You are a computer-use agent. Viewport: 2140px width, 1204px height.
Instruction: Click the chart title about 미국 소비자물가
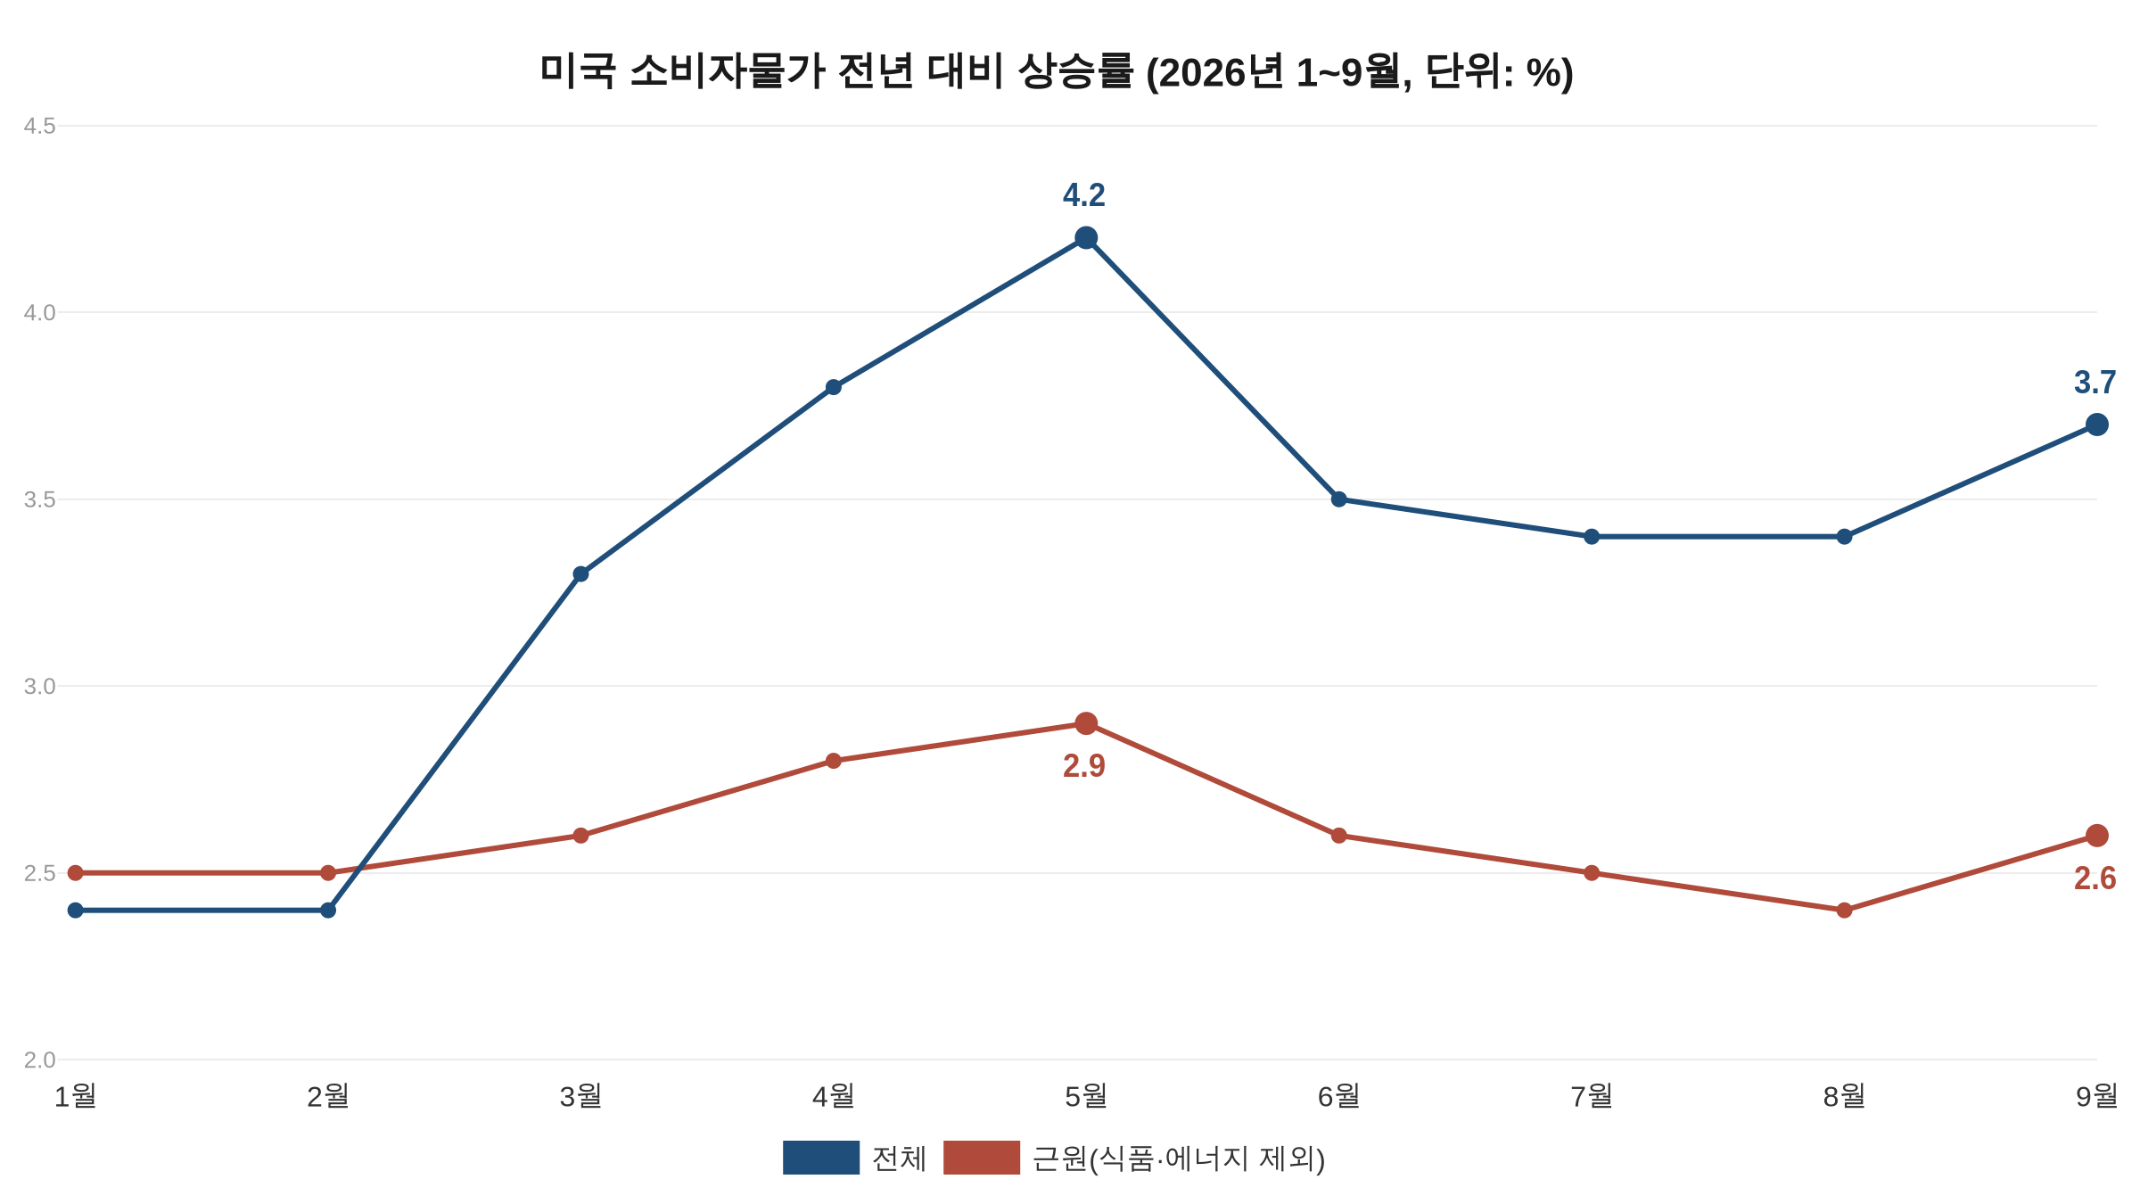pos(1057,72)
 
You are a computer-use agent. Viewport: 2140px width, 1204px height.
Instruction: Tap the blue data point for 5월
pos(1086,238)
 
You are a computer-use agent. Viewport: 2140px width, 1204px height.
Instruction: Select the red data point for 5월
pos(1086,723)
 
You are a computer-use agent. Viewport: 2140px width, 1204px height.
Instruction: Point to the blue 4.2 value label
pos(1084,195)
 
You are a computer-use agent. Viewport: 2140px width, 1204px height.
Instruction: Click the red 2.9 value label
pos(1084,766)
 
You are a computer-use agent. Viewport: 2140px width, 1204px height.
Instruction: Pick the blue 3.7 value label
pos(2095,383)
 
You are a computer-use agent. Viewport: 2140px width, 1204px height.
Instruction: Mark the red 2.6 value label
pos(2095,878)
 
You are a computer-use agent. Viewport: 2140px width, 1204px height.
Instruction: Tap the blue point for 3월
pos(580,573)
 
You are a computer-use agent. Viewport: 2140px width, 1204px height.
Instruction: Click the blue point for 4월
pos(834,387)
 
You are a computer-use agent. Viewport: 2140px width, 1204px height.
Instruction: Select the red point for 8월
pos(1844,911)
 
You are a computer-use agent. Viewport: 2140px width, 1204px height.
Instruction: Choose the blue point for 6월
pos(1338,499)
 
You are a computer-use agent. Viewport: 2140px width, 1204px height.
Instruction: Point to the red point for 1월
pos(76,873)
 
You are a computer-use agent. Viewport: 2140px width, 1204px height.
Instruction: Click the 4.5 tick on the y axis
pos(39,127)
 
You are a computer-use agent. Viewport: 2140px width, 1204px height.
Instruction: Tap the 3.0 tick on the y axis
pos(39,687)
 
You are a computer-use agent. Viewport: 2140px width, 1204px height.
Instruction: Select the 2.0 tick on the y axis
pos(39,1060)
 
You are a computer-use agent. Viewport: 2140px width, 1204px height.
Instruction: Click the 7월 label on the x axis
pos(1592,1096)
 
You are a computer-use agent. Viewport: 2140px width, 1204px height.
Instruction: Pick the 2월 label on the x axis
pos(328,1096)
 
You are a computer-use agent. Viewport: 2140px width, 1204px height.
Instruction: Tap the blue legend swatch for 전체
pos(821,1158)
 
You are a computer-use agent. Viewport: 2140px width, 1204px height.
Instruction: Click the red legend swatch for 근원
pos(982,1158)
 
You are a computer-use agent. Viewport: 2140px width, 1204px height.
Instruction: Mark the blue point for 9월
pos(2097,425)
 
